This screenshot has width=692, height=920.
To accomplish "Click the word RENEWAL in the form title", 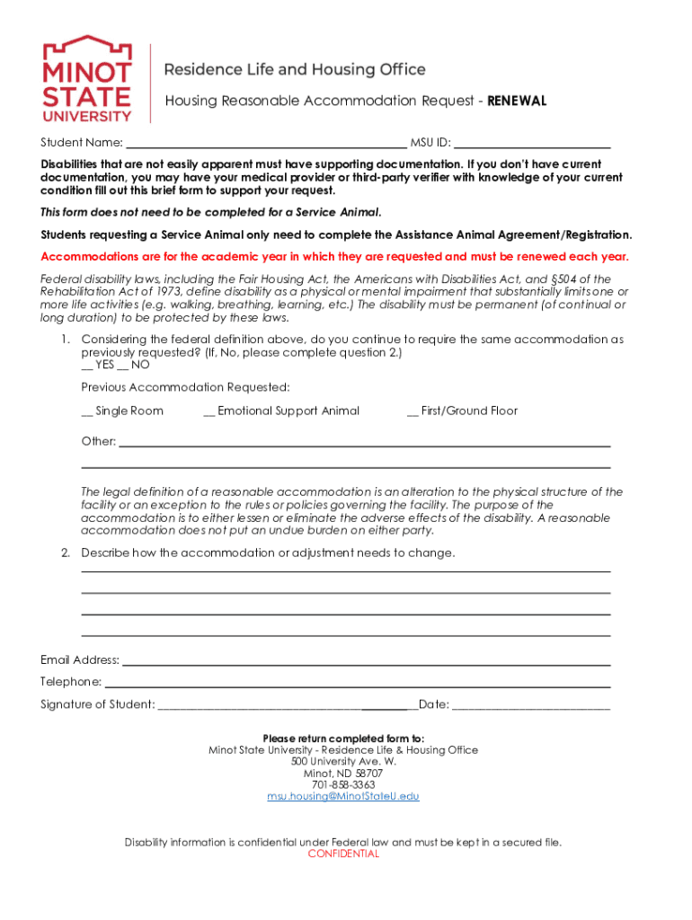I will pyautogui.click(x=517, y=101).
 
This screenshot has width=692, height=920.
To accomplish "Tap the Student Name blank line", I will pyautogui.click(x=266, y=142).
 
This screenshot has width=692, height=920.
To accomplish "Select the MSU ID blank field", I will pyautogui.click(x=533, y=142).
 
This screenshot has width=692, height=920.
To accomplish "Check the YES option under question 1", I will pyautogui.click(x=88, y=366).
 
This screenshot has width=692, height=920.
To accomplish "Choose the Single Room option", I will pyautogui.click(x=87, y=411).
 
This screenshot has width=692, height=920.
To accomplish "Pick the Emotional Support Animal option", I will pyautogui.click(x=209, y=411).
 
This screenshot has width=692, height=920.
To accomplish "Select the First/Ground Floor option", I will pyautogui.click(x=413, y=411).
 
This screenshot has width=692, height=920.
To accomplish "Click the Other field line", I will pyautogui.click(x=364, y=442).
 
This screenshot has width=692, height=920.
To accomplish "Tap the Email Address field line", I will pyautogui.click(x=366, y=660).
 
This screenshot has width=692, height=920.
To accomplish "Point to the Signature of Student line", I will pyautogui.click(x=286, y=704).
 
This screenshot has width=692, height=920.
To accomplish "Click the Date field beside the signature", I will pyautogui.click(x=531, y=704).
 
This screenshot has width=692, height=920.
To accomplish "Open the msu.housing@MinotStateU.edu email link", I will pyautogui.click(x=343, y=797).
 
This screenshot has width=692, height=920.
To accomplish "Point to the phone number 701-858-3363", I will pyautogui.click(x=343, y=784).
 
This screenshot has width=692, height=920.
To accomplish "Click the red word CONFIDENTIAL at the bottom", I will pyautogui.click(x=343, y=854).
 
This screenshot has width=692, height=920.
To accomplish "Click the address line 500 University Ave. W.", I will pyautogui.click(x=343, y=761).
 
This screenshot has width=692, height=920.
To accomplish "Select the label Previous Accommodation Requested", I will pyautogui.click(x=186, y=387).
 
